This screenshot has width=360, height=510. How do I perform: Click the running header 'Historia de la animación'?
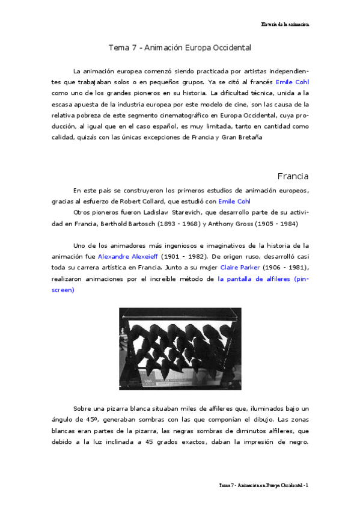tap(285, 24)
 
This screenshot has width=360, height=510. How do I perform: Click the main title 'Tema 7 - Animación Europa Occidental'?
tap(179, 47)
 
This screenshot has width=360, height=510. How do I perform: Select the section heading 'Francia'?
tap(293, 176)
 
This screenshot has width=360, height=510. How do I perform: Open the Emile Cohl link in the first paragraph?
tap(292, 82)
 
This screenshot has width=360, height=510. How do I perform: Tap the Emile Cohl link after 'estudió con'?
tap(234, 201)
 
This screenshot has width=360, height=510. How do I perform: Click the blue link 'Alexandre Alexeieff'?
tap(128, 256)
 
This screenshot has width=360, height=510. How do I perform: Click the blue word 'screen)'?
tap(63, 289)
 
